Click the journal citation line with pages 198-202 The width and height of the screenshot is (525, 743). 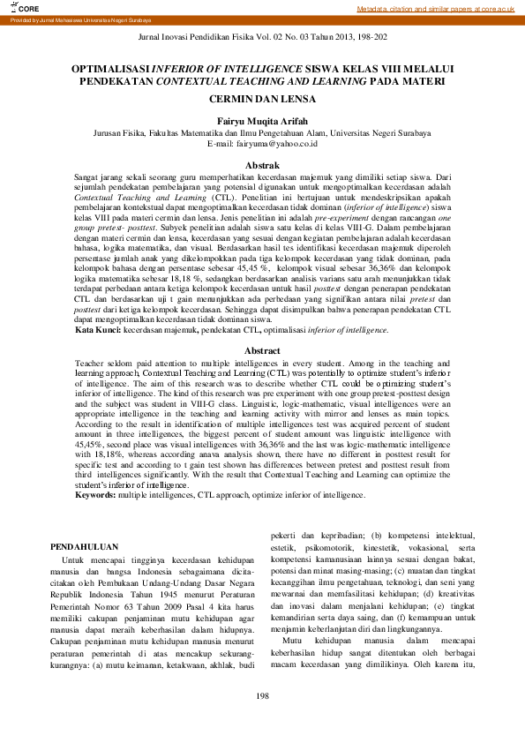tap(263, 41)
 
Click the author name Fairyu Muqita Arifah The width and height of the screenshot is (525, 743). tap(262, 121)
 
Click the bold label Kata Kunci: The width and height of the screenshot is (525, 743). tap(98, 354)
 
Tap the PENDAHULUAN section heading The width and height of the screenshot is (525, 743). tap(84, 547)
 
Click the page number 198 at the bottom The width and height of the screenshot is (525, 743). tap(262, 722)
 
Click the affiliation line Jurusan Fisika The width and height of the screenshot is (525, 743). tap(262, 133)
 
